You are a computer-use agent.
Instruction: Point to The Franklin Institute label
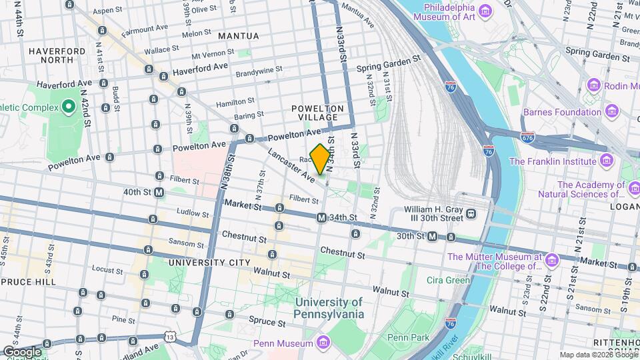553,161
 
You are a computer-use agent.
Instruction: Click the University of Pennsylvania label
329,307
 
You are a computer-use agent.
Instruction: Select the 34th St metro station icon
321,217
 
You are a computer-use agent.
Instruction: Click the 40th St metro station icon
159,192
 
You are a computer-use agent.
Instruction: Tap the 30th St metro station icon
432,236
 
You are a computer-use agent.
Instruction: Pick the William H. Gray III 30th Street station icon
471,213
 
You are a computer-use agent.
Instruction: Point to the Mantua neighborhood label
238,35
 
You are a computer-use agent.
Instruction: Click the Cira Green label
449,280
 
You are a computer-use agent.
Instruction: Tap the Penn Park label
408,337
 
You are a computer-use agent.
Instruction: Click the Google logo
22,351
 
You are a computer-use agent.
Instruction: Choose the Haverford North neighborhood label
56,55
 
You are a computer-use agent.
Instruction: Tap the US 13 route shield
171,338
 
